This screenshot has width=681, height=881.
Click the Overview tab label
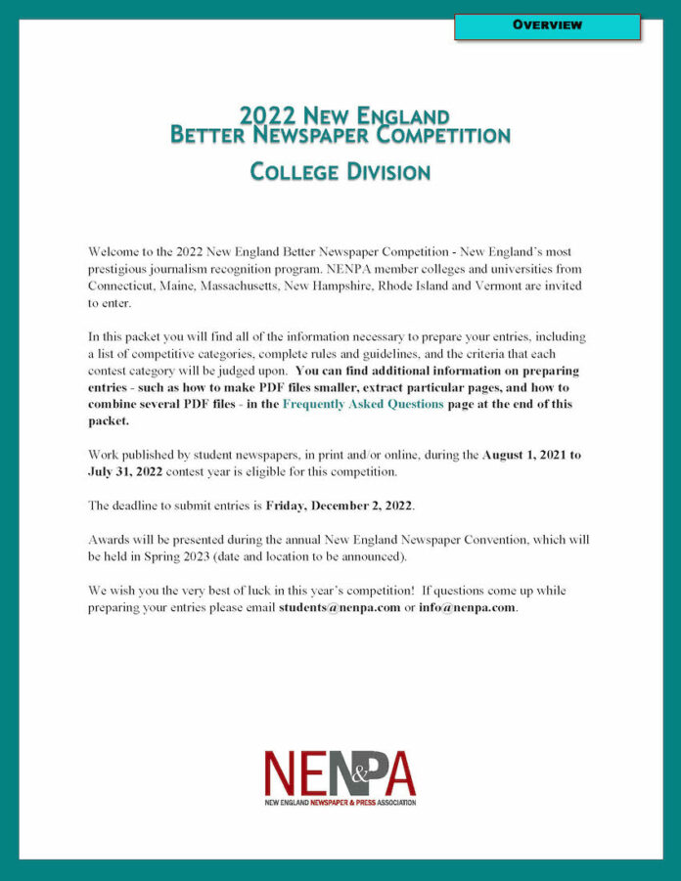(546, 25)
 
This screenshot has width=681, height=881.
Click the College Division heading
(340, 172)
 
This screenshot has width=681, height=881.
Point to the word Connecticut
(124, 286)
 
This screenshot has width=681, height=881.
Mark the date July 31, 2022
(127, 472)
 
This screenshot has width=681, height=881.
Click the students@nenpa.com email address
(340, 608)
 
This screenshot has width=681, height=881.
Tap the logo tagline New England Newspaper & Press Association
(340, 801)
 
